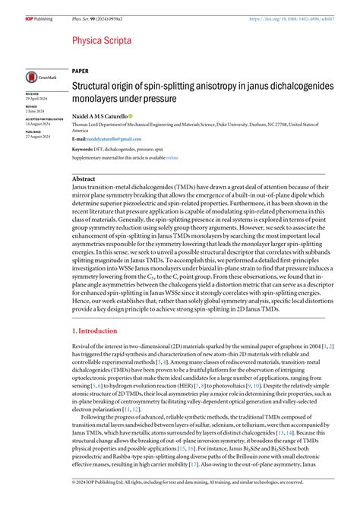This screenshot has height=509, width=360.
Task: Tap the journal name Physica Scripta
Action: tap(101, 40)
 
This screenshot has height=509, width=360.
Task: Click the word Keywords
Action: tap(84, 150)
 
